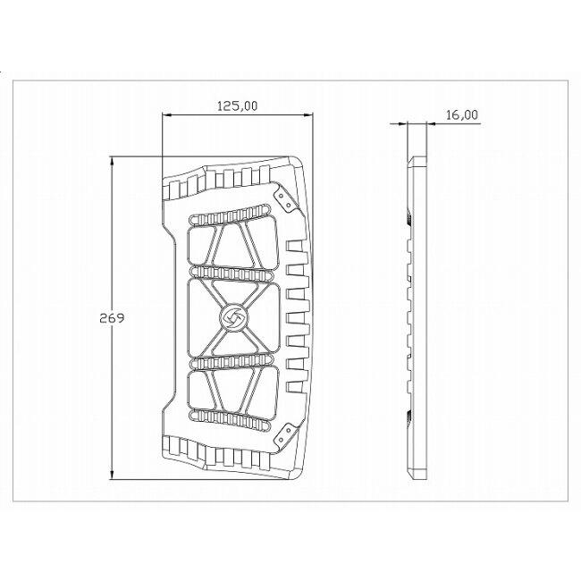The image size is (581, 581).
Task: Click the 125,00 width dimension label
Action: coord(237,106)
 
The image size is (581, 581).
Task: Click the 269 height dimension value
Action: coord(112,318)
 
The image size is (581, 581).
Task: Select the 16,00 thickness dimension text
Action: coord(462,115)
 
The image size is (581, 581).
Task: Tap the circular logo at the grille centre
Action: coord(234,318)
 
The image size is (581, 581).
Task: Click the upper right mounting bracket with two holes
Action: coord(287,200)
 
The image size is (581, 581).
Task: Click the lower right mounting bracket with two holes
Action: coord(286,436)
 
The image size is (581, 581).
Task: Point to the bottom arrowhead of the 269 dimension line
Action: coord(112,475)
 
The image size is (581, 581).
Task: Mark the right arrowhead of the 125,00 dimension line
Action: coord(307,115)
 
